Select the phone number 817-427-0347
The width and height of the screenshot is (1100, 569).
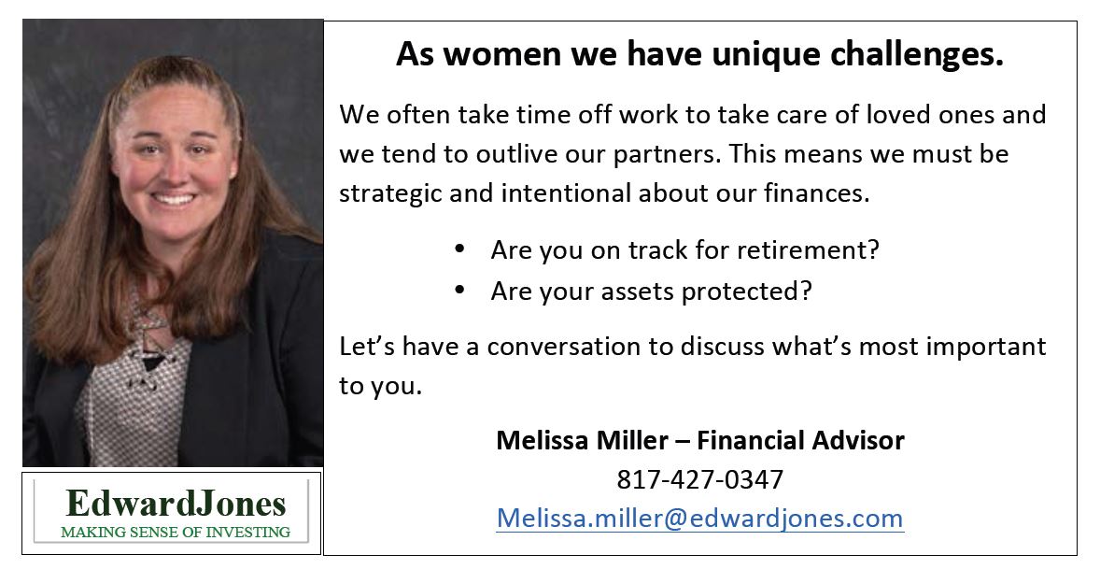coord(700,479)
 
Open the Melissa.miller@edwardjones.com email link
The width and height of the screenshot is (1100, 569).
coord(699,518)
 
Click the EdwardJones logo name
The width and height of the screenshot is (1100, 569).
coord(176,503)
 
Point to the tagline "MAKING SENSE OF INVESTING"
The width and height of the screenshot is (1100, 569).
coord(176,532)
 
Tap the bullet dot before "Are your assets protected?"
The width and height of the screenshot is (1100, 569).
coord(459,289)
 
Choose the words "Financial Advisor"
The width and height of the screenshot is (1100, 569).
coord(800,440)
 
